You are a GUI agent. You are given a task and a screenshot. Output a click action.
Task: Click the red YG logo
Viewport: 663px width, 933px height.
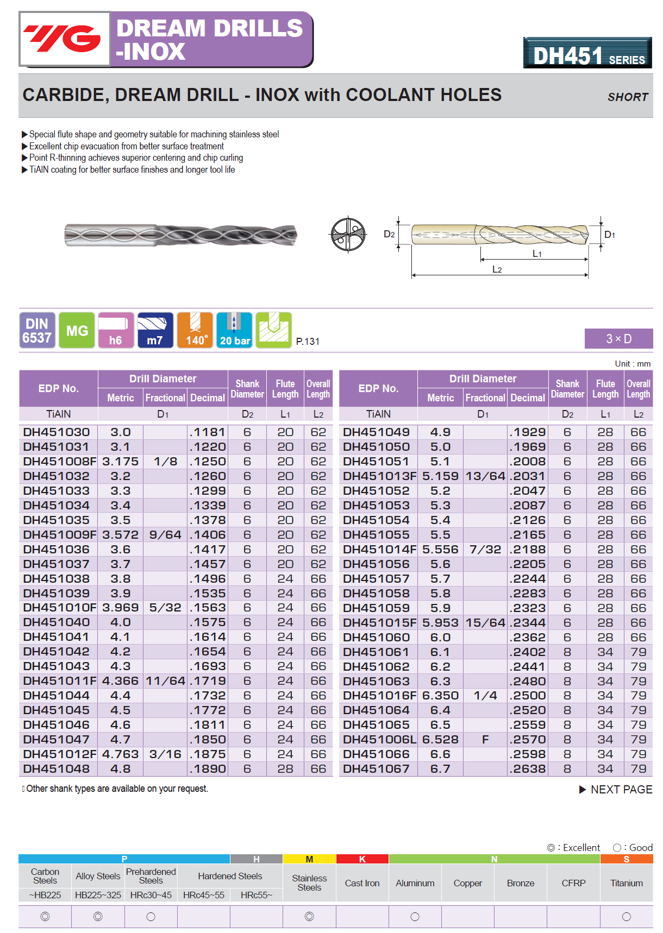click(64, 39)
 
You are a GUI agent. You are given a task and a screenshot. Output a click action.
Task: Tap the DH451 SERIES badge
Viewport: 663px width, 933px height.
click(587, 54)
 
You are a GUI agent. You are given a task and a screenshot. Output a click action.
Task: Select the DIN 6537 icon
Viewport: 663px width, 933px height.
click(37, 330)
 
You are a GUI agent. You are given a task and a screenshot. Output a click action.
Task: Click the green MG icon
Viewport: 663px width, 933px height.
click(77, 330)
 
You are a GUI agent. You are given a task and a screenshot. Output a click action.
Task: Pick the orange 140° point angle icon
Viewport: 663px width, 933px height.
click(195, 330)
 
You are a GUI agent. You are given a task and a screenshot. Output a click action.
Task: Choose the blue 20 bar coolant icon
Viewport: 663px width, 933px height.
click(234, 330)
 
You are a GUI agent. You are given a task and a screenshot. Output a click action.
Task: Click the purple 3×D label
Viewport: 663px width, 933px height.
click(618, 339)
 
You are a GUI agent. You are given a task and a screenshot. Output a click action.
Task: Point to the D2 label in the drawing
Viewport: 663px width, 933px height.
click(389, 234)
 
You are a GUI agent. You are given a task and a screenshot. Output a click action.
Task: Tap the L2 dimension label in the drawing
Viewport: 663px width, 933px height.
click(497, 269)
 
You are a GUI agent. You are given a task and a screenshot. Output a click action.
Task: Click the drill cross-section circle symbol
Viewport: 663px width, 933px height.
click(348, 235)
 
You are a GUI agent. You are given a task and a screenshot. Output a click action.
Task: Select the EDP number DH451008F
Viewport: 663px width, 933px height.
click(59, 462)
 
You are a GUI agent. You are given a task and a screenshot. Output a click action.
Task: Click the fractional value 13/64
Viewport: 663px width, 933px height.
click(485, 476)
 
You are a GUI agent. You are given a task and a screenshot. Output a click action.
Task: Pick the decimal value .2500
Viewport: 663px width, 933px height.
click(528, 696)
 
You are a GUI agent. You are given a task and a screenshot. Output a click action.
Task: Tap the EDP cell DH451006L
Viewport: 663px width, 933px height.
click(379, 740)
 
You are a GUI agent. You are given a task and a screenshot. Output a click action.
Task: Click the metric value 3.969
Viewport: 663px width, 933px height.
click(120, 608)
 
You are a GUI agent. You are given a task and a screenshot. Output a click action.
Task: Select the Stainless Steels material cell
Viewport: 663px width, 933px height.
click(309, 882)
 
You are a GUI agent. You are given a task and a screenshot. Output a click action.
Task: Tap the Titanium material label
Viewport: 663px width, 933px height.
click(626, 883)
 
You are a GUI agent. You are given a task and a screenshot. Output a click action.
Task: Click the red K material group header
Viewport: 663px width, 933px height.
click(362, 859)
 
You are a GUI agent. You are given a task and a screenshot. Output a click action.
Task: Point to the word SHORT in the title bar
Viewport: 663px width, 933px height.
click(628, 97)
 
